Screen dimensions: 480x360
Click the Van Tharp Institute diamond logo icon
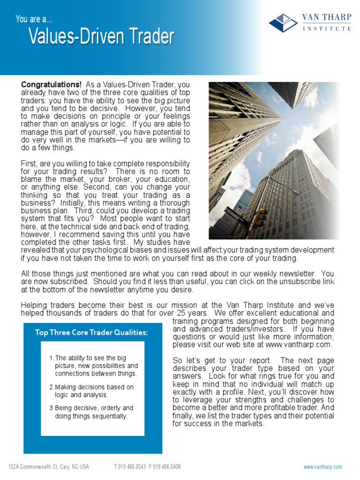tap(284, 22)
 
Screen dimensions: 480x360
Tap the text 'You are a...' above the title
tap(34, 19)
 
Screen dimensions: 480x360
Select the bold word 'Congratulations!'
tap(51, 85)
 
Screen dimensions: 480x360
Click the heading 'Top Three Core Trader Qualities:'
tap(91, 333)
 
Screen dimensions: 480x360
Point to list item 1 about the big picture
tap(93, 366)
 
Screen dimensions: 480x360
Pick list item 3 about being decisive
tap(91, 412)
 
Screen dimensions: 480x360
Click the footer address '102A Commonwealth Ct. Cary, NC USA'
tap(49, 467)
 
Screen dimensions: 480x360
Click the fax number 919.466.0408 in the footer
tap(167, 467)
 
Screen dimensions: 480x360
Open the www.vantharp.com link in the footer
tap(322, 467)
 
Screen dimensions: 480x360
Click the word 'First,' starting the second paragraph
tap(30, 164)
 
